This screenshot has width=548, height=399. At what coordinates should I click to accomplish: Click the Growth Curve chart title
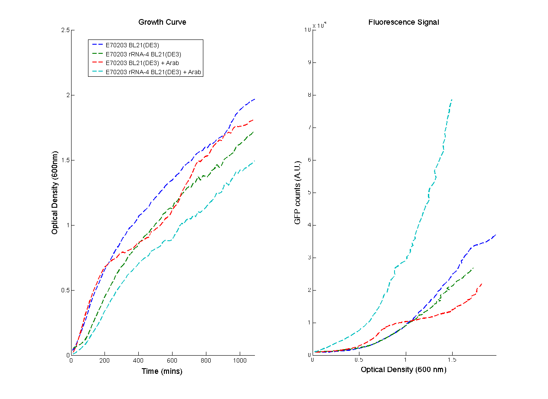pos(162,22)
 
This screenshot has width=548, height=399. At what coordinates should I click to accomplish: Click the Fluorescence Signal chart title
pos(403,22)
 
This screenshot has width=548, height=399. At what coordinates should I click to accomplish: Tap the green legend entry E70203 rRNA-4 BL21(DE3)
pos(143,54)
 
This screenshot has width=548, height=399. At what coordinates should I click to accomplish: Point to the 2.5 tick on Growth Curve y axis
pos(66,30)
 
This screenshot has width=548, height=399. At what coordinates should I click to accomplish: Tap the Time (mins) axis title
pos(162,371)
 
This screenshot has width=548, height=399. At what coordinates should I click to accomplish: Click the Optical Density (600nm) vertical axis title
pos(55,193)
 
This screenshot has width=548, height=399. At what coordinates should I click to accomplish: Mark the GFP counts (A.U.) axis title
pos(297,193)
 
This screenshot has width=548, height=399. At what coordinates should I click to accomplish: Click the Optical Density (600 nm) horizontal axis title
pos(403,370)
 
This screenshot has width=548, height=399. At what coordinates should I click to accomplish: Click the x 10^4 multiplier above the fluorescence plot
pos(320,26)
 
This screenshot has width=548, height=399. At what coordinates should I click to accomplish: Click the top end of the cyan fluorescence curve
pos(452,100)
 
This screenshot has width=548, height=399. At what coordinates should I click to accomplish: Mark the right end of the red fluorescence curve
pos(482,284)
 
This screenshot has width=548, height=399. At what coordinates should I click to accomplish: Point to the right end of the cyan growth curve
pos(254,161)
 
